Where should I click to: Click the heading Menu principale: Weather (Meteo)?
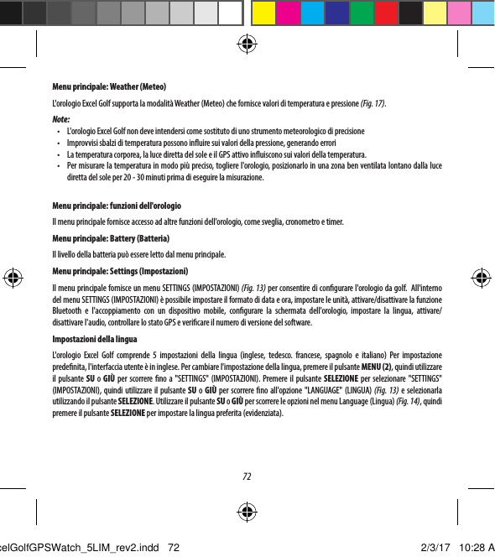coord(109,86)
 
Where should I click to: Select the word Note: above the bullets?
coord(61,118)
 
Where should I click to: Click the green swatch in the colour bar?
coord(362,13)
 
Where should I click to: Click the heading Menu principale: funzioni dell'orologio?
coord(118,206)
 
